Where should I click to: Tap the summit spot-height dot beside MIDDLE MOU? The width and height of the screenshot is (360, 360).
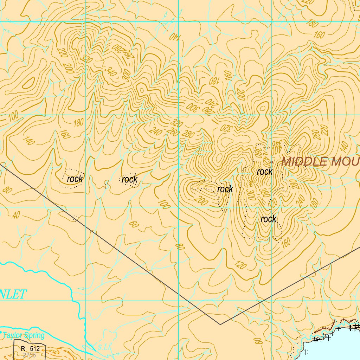(x=272, y=162)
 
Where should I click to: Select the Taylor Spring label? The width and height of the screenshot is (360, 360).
(x=24, y=335)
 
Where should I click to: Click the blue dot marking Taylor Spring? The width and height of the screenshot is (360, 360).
(x=1, y=332)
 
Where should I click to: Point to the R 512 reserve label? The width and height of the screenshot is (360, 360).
(x=30, y=349)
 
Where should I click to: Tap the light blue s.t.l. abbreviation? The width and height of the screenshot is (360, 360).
(x=104, y=347)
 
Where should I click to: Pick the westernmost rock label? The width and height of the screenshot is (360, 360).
(x=75, y=179)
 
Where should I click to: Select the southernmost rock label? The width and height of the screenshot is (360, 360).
(x=268, y=219)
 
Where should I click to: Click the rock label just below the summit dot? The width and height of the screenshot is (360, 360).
(x=264, y=172)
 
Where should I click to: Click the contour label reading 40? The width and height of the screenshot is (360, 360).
(x=16, y=215)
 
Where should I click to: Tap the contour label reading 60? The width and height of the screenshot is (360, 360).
(x=134, y=224)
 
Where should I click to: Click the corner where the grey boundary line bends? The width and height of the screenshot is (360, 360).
(x=220, y=324)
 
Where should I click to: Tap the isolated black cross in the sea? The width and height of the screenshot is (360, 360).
(x=306, y=352)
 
